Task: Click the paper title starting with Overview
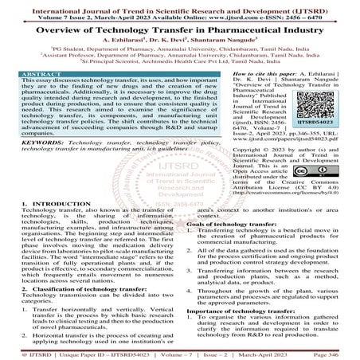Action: (x=180, y=33)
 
